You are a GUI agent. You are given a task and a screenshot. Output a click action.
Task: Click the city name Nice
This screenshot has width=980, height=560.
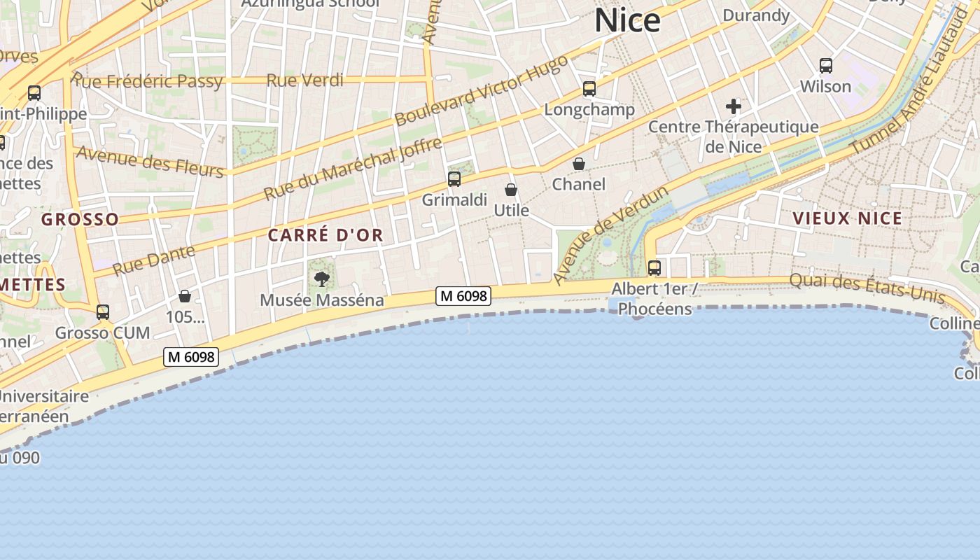[627, 21]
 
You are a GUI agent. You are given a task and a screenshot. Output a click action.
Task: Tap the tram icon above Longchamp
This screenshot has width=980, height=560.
[589, 89]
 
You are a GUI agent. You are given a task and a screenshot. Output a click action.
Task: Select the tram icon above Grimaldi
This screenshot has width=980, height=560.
[454, 179]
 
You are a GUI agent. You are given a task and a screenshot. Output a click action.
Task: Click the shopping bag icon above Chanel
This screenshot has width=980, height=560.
[579, 164]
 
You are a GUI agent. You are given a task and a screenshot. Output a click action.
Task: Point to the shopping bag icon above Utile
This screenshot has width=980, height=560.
[511, 190]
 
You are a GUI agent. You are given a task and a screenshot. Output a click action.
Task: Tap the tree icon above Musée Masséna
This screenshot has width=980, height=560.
[321, 279]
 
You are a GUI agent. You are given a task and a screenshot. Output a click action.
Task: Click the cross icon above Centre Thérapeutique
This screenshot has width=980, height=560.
[734, 106]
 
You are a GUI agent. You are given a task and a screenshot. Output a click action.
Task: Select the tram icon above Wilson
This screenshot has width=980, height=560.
[826, 66]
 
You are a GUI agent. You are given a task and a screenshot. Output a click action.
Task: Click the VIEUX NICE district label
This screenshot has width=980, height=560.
[848, 218]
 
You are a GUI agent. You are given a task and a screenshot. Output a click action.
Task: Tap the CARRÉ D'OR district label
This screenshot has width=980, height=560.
[325, 235]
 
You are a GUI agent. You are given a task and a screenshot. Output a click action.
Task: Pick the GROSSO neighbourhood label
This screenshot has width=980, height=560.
[80, 220]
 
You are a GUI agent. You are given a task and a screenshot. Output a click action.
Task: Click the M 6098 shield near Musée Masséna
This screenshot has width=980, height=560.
[463, 296]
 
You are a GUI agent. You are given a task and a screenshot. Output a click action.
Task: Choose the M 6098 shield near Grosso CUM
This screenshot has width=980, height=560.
[191, 357]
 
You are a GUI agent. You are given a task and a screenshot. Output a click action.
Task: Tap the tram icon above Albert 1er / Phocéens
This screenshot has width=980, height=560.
[654, 267]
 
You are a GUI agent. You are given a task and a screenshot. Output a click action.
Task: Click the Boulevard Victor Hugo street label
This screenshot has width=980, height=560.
[482, 90]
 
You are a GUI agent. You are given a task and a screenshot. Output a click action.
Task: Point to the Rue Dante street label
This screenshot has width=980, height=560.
[154, 260]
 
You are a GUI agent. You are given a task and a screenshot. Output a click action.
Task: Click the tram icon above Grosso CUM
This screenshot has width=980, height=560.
[103, 312]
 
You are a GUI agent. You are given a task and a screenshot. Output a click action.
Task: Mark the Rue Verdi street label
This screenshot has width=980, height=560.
[305, 80]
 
